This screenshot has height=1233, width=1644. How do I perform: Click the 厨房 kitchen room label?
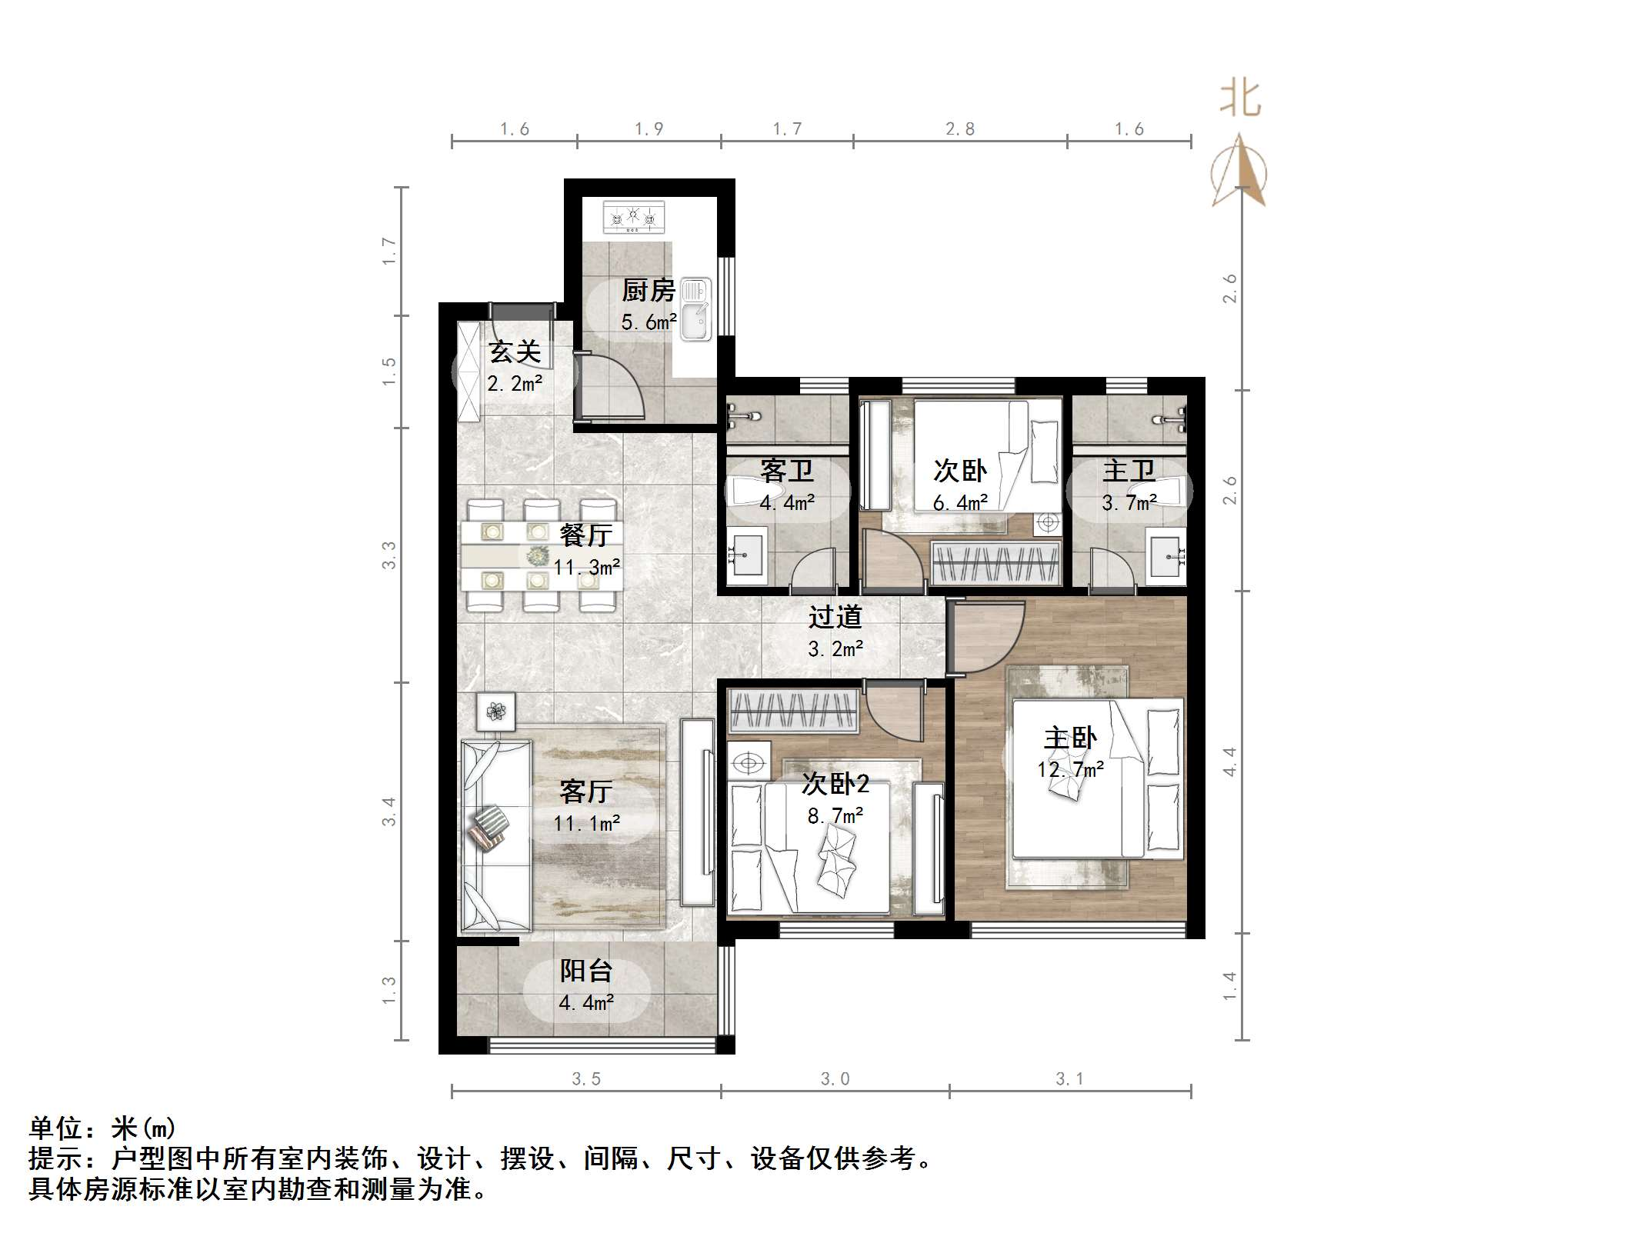(648, 291)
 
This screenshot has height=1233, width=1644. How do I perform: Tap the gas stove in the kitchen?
(634, 217)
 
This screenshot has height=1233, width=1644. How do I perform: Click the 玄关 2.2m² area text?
(515, 382)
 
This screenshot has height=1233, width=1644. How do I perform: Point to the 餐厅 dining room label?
(585, 535)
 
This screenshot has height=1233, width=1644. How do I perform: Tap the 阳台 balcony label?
(585, 971)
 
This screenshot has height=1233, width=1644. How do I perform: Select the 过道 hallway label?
(835, 617)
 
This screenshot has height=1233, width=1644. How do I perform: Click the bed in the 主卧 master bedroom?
(1095, 778)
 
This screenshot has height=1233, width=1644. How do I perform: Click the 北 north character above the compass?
(1240, 100)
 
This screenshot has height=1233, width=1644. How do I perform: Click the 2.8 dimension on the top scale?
(960, 129)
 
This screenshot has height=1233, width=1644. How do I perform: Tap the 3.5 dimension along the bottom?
(586, 1079)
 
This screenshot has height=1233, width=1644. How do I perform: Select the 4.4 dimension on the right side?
(1229, 761)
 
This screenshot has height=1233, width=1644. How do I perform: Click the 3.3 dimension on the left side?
(389, 555)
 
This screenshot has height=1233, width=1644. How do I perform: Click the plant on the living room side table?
(495, 711)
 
